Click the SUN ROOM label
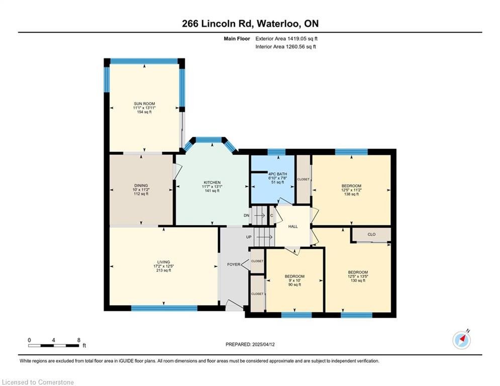[x=144, y=104]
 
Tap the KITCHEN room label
[x=212, y=182]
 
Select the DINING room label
[x=141, y=185]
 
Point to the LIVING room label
[x=164, y=262]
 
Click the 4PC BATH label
[x=277, y=174]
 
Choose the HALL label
[x=293, y=227]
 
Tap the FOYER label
[x=234, y=264]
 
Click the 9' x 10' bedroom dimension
[x=294, y=280]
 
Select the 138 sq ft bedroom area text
[x=351, y=194]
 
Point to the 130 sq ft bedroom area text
[x=358, y=280]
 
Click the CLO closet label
[x=371, y=234]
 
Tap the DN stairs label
[x=246, y=215]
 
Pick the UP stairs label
[x=249, y=237]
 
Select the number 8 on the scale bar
[x=79, y=340]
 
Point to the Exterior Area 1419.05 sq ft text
[x=286, y=39]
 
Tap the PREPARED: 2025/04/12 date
[x=250, y=344]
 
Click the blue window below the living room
[x=164, y=308]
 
